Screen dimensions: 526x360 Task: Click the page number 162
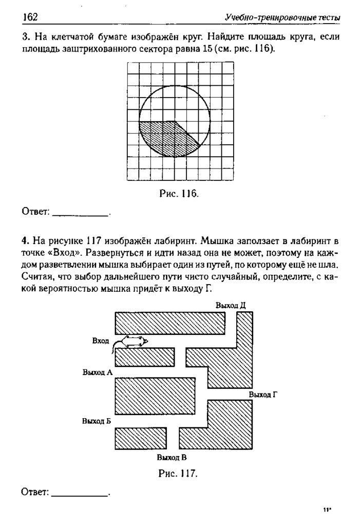click(x=30, y=17)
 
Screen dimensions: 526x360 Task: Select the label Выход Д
click(x=231, y=305)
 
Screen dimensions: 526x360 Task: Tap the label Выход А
click(x=97, y=372)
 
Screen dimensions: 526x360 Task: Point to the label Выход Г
click(x=263, y=394)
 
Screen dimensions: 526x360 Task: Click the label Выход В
click(x=172, y=457)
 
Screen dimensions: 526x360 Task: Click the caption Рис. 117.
click(x=179, y=473)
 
